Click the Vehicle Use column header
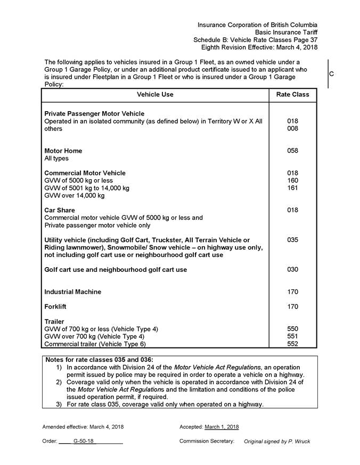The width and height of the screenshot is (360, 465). tap(155, 95)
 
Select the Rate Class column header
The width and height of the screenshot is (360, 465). tap(292, 95)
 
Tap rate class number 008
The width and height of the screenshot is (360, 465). tap(292, 129)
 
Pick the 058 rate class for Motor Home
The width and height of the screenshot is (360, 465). tap(292, 151)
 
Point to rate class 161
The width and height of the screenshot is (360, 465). tap(292, 188)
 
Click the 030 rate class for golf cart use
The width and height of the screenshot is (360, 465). tap(292, 270)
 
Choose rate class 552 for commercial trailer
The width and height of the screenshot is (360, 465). tap(292, 344)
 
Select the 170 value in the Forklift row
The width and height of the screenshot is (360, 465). tap(292, 307)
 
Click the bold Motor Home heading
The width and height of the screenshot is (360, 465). tap(63, 151)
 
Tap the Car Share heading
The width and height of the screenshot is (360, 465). tap(59, 211)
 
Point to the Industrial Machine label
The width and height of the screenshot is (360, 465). tap(72, 292)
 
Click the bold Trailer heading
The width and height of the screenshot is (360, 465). tap(54, 322)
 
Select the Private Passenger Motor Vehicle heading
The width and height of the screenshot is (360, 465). tap(94, 114)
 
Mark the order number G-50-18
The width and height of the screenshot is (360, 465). tap(84, 442)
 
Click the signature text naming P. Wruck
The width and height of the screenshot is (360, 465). tap(276, 442)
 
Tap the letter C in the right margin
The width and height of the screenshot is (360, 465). tap(331, 74)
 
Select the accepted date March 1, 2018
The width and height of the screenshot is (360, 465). tap(222, 427)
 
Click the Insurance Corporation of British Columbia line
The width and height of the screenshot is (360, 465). tap(257, 25)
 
